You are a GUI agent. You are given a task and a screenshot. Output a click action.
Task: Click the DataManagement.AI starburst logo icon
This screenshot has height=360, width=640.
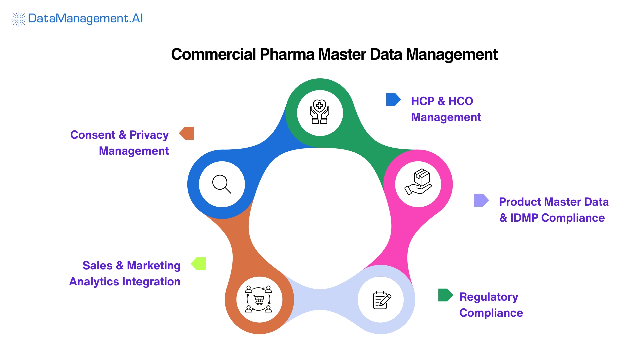(x=19, y=19)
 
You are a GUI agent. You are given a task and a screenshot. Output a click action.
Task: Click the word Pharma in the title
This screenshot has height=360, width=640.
(x=287, y=54)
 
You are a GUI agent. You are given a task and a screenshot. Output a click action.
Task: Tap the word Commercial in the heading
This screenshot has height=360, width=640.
(x=213, y=54)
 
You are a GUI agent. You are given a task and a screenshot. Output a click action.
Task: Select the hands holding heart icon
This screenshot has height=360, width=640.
(x=320, y=112)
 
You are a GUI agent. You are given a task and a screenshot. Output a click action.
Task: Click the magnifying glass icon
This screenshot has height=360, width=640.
(x=222, y=184)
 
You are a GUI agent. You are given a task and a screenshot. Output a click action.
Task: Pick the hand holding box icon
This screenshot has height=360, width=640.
(x=418, y=182)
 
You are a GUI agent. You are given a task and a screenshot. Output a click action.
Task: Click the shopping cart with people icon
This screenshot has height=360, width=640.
(x=259, y=299)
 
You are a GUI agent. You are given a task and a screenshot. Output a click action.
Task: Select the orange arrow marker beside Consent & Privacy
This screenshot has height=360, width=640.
(x=187, y=133)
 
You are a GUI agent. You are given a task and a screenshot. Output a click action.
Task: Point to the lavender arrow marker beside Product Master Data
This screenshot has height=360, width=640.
(x=481, y=200)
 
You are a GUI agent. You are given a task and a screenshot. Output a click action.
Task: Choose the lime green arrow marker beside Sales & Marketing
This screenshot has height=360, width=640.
(x=199, y=264)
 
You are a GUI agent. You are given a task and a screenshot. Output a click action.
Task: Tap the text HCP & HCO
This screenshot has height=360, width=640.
(x=442, y=101)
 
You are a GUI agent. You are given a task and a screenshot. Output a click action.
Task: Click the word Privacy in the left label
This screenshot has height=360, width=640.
(x=149, y=135)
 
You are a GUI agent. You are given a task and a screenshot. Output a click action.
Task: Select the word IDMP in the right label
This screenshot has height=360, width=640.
(x=524, y=218)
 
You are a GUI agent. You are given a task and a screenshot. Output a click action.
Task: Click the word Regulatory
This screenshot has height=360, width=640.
(x=488, y=297)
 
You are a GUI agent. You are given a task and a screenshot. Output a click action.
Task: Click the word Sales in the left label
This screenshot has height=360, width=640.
(x=97, y=265)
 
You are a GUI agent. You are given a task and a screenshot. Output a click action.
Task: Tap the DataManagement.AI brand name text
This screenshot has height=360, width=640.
(x=85, y=18)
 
